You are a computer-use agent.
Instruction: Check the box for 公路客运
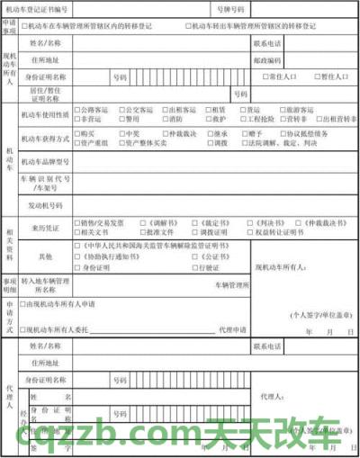pyautogui.click(x=77, y=109)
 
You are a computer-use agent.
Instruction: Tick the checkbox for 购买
pyautogui.click(x=77, y=133)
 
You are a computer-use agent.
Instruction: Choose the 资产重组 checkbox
pyautogui.click(x=77, y=142)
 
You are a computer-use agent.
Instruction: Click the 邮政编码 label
pyautogui.click(x=268, y=60)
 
